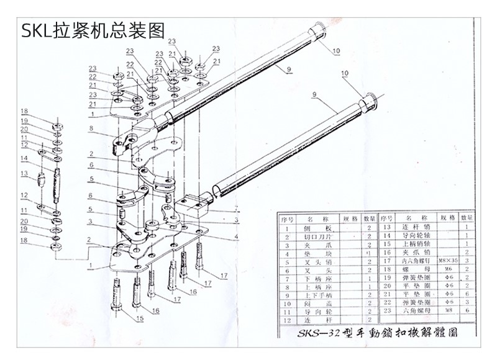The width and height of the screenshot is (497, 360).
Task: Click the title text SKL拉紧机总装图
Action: (94, 30)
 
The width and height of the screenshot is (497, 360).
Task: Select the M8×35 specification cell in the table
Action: (447, 261)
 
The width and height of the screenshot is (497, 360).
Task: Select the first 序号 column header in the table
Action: (287, 218)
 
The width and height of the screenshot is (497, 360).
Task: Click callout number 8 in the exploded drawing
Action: (91, 129)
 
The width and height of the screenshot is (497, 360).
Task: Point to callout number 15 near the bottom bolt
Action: (140, 319)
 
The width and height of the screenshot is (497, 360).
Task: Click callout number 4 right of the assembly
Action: (237, 236)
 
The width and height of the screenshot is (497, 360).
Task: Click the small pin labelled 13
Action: (42, 181)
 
